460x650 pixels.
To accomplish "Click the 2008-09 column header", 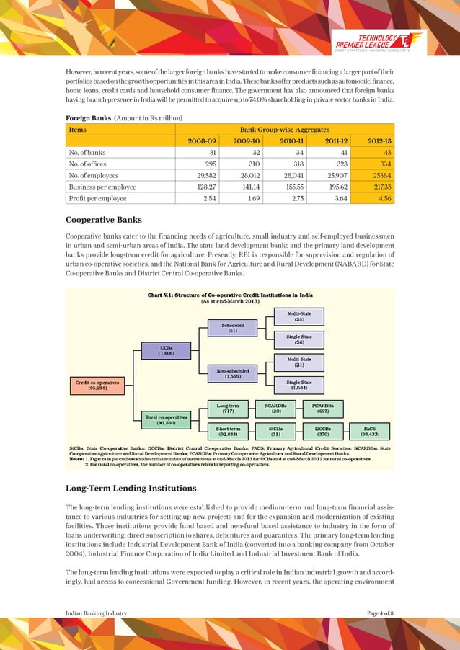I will (200, 141).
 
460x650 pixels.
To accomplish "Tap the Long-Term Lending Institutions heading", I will (131, 489).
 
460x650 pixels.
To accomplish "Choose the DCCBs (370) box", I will (322, 431).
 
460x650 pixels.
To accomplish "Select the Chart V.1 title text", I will (229, 295).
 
